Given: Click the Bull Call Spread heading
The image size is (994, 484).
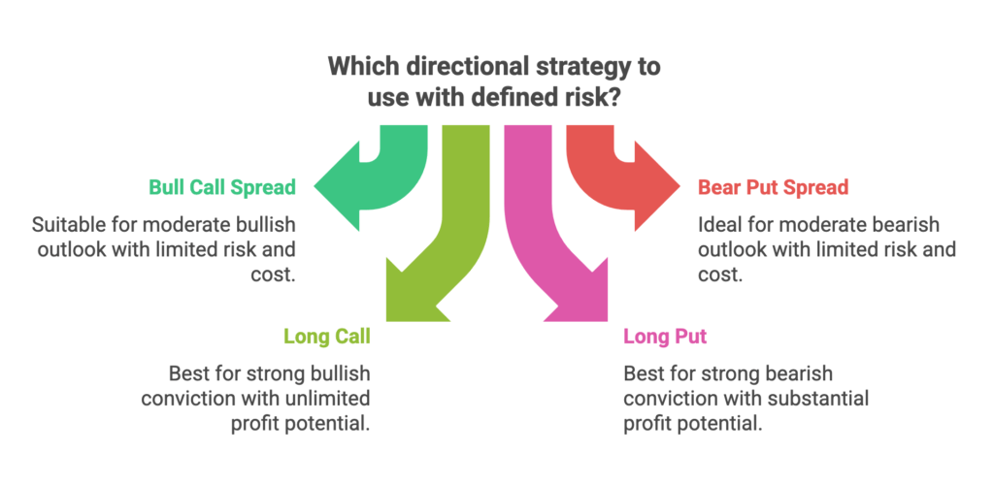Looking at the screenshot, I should (221, 186).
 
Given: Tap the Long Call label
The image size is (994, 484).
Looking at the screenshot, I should (326, 337).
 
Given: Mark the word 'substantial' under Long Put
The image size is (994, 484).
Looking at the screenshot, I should (817, 398).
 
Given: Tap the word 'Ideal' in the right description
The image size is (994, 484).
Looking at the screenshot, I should (719, 225).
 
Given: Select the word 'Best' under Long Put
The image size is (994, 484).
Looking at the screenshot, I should (643, 373).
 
